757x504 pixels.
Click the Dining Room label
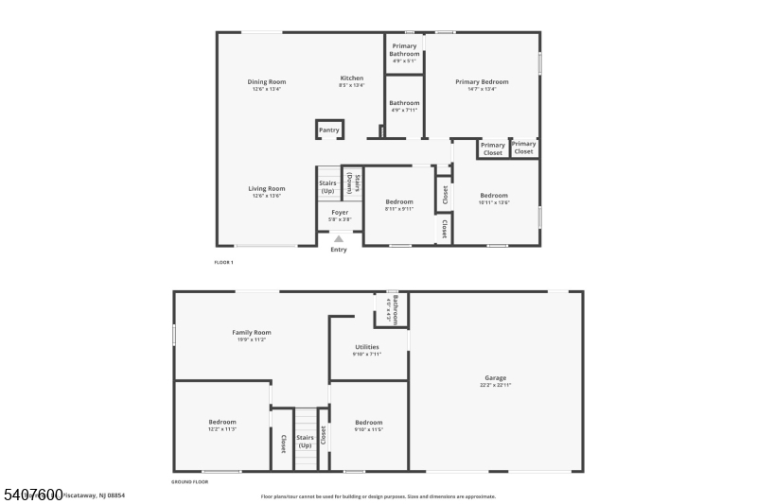coord(267,82)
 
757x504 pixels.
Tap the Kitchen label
coord(352,78)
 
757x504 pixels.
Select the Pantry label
coord(328,130)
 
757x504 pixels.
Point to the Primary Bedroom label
coord(483,82)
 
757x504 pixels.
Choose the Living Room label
coord(267,188)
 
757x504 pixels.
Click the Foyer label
coord(339,213)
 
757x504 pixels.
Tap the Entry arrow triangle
coord(339,239)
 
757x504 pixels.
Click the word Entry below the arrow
coord(339,250)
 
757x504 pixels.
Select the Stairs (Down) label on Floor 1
coord(350,182)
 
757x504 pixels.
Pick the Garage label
coord(496,377)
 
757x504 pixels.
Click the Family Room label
coord(252,333)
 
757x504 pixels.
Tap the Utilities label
coord(367,347)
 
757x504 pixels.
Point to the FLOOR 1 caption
coord(224,261)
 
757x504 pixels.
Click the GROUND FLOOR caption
coord(189,481)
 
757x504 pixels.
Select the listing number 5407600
coord(32,495)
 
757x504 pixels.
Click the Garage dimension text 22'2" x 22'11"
coord(496,386)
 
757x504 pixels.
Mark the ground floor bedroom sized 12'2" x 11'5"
coord(222,422)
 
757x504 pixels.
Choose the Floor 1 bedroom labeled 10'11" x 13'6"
coord(494,196)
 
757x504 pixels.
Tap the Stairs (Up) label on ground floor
coord(305,442)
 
